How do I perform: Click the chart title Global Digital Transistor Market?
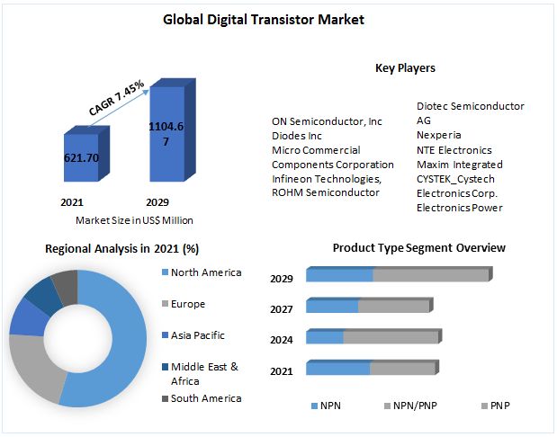[264, 20]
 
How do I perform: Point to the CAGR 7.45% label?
[116, 98]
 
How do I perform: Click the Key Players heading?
[405, 67]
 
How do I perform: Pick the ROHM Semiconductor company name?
[326, 192]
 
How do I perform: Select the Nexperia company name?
[439, 135]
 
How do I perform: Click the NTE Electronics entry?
[454, 150]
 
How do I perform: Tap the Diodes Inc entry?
[297, 136]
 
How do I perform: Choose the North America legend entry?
[202, 272]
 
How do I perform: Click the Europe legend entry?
[184, 304]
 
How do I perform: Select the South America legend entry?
[202, 398]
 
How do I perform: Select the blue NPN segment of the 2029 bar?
[339, 274]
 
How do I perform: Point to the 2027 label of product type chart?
[282, 309]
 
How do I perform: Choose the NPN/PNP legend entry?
[410, 406]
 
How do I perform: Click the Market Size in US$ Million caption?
[134, 220]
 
